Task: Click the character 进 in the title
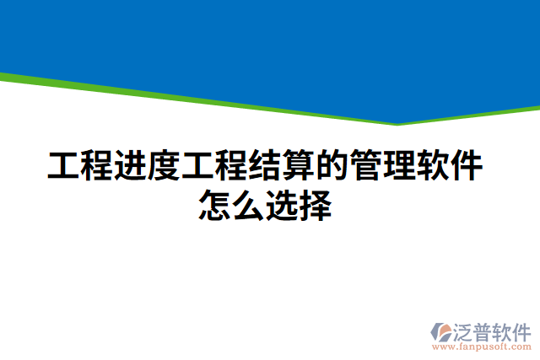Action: point(130,166)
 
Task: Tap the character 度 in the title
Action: point(164,166)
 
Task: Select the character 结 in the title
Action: point(265,166)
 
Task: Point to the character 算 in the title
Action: point(299,166)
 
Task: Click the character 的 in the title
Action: point(332,166)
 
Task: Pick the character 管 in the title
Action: point(366,166)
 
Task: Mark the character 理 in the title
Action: point(400,166)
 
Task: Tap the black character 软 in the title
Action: point(434,166)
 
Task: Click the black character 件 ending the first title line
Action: point(467,166)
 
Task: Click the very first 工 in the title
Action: point(62,166)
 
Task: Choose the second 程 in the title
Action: point(231,166)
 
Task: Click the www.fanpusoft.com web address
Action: point(482,346)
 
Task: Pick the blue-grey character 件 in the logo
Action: point(523,330)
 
